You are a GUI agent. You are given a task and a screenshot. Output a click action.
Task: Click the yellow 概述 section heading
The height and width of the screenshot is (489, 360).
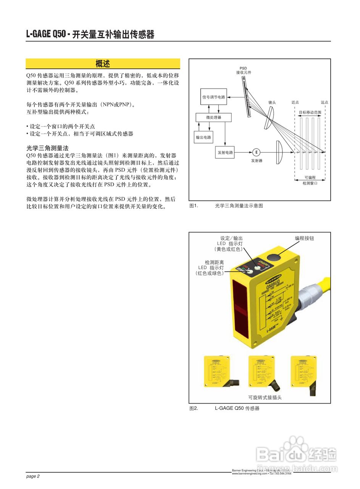[103, 63]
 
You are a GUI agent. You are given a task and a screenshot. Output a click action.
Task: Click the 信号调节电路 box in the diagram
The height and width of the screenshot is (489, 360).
[214, 97]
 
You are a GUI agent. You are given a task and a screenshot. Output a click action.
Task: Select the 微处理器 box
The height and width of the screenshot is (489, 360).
[213, 117]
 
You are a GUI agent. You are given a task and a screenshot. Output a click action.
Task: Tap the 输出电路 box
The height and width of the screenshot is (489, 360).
[204, 137]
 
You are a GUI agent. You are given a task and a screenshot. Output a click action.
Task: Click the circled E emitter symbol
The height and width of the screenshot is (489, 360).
[257, 152]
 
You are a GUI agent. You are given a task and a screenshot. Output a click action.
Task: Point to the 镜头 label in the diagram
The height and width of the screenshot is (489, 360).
[272, 102]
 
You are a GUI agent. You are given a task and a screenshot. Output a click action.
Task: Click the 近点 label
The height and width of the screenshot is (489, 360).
[295, 102]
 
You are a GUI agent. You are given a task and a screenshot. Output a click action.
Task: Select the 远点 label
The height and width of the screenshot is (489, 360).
[324, 102]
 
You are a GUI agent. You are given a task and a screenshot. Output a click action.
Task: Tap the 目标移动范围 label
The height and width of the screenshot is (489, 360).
[310, 112]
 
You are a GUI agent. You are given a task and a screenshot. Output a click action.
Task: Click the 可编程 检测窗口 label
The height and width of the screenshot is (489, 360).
[310, 180]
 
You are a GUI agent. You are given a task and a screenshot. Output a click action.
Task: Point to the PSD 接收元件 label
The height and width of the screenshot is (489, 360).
[243, 70]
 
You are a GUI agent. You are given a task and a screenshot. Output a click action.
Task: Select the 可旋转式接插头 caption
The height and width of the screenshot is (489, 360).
[265, 397]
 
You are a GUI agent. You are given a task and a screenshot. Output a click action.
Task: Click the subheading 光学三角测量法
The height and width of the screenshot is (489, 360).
[47, 148]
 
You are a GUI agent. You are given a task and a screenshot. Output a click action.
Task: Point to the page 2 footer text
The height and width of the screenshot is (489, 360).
[33, 476]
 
